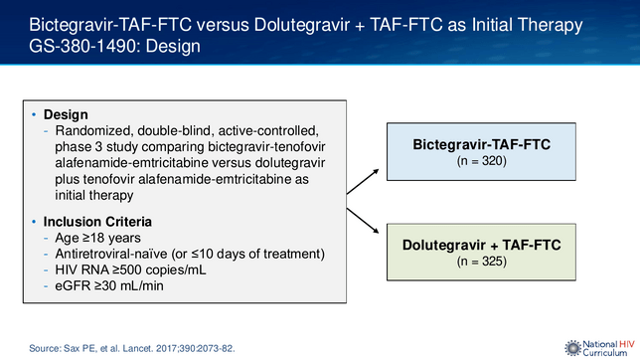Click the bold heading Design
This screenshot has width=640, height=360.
66,114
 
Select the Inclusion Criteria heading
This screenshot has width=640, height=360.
97,222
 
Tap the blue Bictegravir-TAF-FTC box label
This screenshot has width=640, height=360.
481,144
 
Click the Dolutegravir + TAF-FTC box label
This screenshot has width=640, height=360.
481,246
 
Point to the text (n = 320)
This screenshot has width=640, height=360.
482,161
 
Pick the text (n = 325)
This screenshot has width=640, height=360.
482,262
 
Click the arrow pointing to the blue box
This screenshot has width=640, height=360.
363,181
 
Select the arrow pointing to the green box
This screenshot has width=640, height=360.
363,221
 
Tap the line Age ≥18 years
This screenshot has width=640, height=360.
98,238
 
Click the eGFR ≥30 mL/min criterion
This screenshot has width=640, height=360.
109,285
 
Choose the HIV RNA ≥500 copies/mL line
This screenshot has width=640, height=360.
130,270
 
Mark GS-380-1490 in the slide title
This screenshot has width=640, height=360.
84,46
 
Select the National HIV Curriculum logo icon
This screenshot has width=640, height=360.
572,348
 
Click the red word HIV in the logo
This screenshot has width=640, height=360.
627,344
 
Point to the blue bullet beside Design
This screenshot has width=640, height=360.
34,114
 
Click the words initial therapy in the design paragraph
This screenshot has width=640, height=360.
94,195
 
